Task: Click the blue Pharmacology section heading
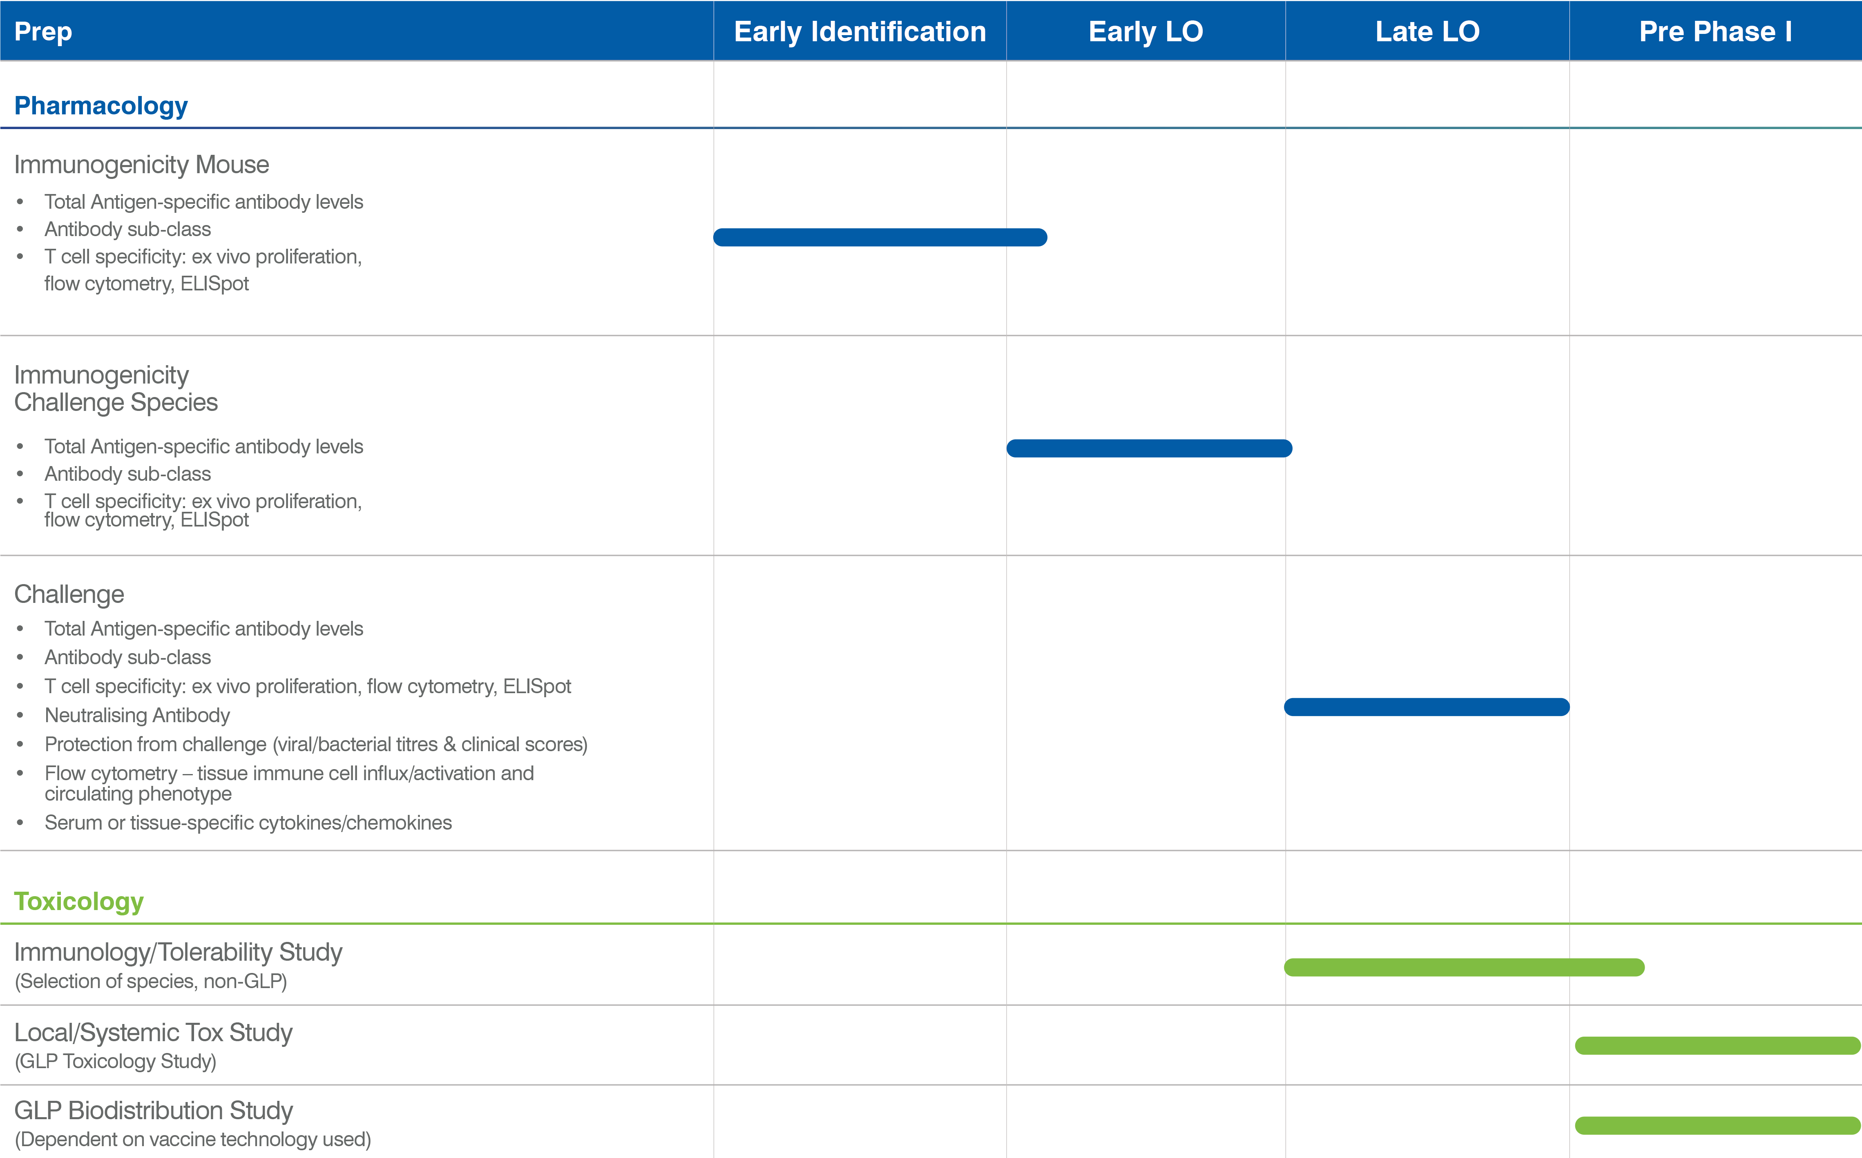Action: pos(101,106)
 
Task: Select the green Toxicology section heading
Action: pos(79,901)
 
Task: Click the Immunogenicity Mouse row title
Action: pos(142,165)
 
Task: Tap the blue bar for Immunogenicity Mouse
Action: pos(880,237)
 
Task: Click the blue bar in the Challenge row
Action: pos(1427,707)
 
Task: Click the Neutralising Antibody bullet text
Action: pos(137,715)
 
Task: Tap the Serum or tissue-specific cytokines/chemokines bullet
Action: pos(248,823)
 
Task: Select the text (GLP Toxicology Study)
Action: pos(116,1062)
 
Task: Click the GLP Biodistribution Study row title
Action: pos(154,1111)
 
